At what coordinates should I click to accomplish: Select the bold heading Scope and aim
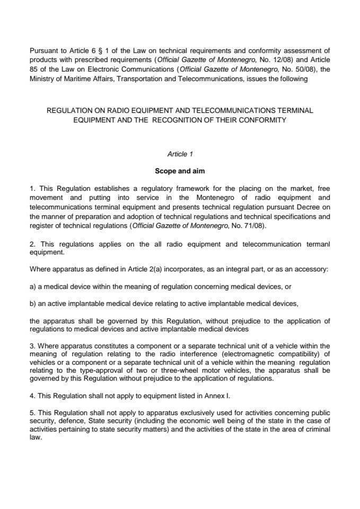pos(180,171)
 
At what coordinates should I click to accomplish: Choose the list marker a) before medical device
pos(33,286)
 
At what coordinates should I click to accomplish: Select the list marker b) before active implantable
pos(33,303)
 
